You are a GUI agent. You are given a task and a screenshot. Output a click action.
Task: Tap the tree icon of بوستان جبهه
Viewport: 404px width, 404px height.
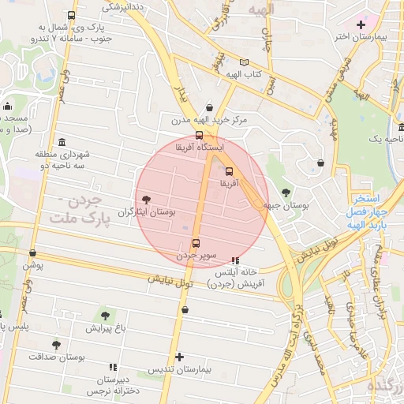coord(285,192)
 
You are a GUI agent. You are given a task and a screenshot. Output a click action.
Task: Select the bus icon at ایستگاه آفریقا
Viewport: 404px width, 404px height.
coord(199,136)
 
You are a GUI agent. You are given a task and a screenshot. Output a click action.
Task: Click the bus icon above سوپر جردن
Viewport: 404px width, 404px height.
coord(196,242)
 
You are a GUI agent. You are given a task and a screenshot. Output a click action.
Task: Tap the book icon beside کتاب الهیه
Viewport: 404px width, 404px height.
coord(244,62)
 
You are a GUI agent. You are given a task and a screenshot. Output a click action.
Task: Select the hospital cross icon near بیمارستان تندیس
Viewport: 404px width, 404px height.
coord(180,357)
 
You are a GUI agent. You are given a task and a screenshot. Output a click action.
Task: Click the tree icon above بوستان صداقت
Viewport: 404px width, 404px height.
coord(55,345)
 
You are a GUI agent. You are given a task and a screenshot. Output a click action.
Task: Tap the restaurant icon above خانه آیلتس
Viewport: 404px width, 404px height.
coord(234,260)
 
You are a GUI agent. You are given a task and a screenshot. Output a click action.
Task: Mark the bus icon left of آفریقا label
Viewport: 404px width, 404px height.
coord(229,170)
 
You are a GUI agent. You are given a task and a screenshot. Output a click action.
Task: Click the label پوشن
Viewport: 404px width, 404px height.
coord(32,266)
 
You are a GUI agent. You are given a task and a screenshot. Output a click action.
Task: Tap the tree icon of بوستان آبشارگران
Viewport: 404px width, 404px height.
coord(146,200)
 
